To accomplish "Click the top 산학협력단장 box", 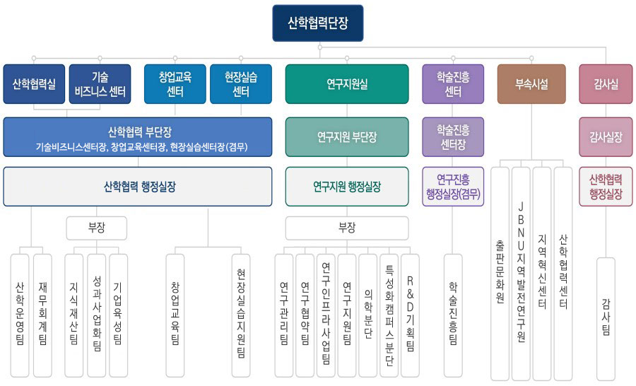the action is [317, 23].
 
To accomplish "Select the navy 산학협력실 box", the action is [34, 84].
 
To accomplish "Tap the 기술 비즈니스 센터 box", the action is [100, 84].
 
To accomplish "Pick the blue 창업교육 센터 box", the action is [175, 84].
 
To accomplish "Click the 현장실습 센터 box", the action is [241, 84].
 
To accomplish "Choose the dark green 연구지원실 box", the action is [347, 84].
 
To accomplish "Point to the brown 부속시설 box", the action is [531, 84].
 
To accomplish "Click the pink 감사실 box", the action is [606, 84].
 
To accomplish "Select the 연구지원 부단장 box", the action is [347, 136].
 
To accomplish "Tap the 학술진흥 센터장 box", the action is [453, 136].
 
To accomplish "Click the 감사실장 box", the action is [606, 136].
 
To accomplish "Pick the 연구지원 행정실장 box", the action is [347, 187].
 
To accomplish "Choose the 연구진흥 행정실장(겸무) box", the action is [453, 187].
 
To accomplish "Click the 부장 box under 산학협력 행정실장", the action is [97, 228].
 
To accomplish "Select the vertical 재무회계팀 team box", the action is [42, 316].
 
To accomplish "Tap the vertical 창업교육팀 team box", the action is [175, 316].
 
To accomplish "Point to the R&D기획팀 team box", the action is [410, 316].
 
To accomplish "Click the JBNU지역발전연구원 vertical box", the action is [521, 274].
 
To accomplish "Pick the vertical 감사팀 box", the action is [606, 319].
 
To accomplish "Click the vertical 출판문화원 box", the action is [500, 274].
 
